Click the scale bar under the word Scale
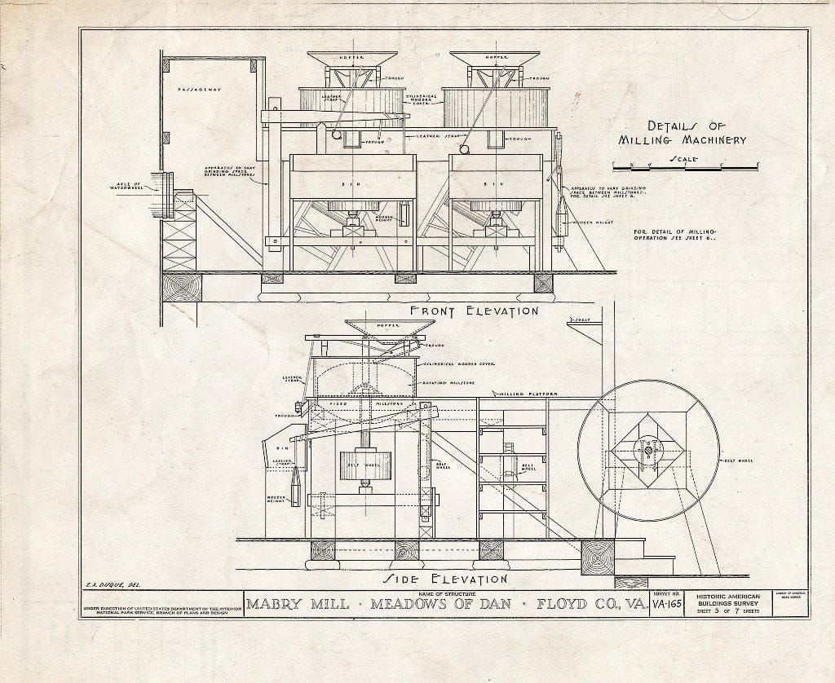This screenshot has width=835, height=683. [x=685, y=167]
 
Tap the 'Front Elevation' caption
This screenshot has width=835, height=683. [x=474, y=311]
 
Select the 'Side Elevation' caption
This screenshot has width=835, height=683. [x=446, y=579]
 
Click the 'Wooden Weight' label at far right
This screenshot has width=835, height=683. [x=591, y=222]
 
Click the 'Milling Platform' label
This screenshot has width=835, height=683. [x=530, y=394]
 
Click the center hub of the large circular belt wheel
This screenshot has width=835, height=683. [x=647, y=449]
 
